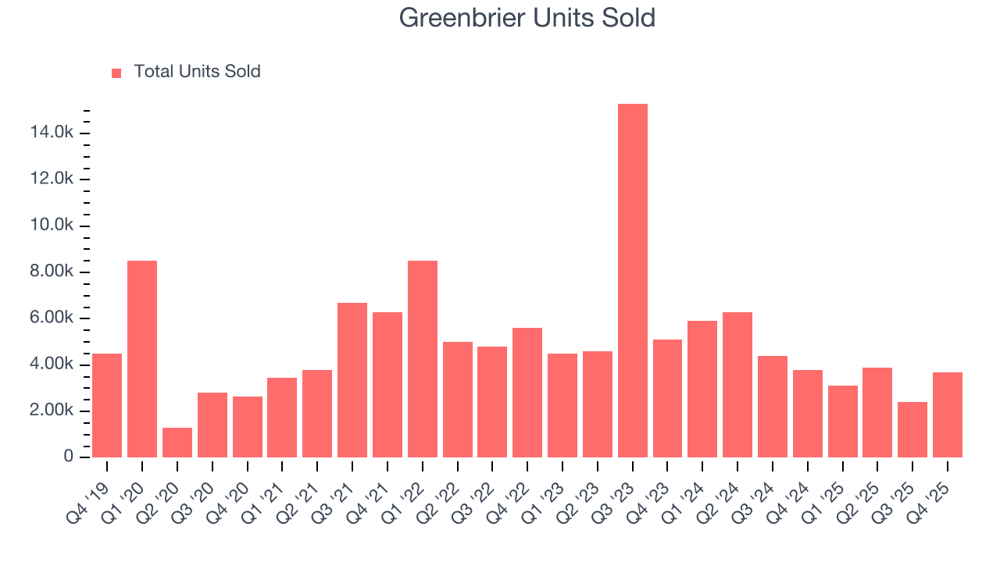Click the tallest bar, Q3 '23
tap(632, 280)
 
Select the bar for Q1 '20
tap(142, 358)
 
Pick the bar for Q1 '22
tap(423, 358)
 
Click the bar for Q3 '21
tap(352, 379)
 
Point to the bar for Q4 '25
tap(948, 414)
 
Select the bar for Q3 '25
tap(912, 429)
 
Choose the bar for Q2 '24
tap(737, 384)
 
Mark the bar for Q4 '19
tap(107, 405)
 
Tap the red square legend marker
tap(116, 73)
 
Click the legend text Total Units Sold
tap(197, 72)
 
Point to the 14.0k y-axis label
tap(52, 133)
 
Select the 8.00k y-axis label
tap(52, 272)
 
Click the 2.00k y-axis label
tap(52, 411)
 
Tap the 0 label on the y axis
tap(69, 457)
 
